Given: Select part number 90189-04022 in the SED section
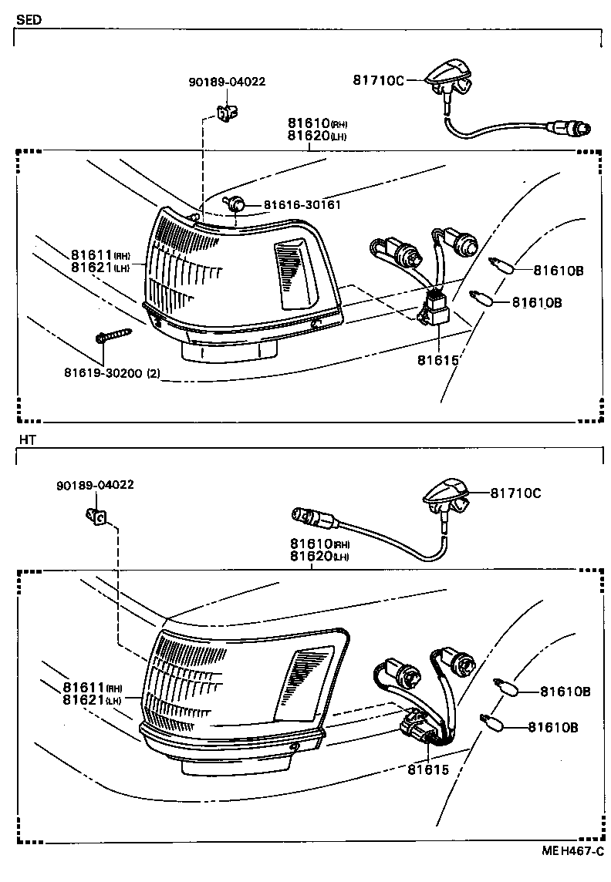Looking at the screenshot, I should pyautogui.click(x=226, y=82).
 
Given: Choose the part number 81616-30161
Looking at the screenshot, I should pyautogui.click(x=302, y=205).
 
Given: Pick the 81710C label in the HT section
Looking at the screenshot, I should pyautogui.click(x=516, y=493).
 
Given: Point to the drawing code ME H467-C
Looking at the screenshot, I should pyautogui.click(x=570, y=852).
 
